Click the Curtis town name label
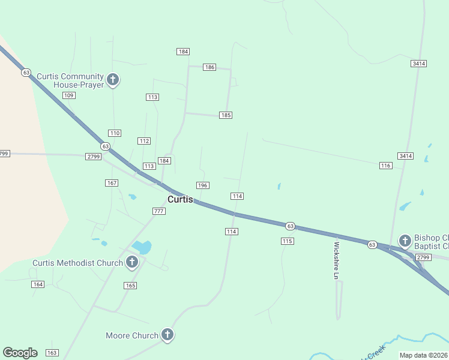point(180,199)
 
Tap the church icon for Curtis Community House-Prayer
point(112,79)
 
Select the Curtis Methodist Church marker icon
point(132,262)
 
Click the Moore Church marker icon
point(167,335)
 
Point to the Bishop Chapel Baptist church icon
point(405,241)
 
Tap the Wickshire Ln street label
point(336,260)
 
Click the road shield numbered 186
point(209,67)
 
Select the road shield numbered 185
point(225,115)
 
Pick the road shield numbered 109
point(68,95)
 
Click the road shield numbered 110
point(115,133)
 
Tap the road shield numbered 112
point(143,141)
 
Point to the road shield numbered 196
point(202,185)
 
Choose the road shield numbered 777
point(158,211)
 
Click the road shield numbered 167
point(112,182)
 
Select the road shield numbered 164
point(38,284)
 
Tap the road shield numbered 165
point(130,286)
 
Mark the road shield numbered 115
point(287,241)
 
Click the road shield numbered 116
point(385,165)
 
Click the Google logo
point(20,353)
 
